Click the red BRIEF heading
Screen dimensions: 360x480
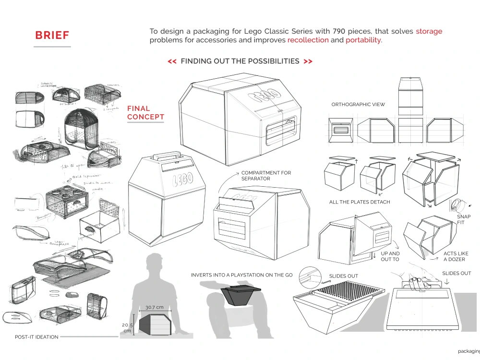pyautogui.click(x=52, y=36)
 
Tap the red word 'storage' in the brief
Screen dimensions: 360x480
pyautogui.click(x=429, y=31)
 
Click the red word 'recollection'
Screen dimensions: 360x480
pyautogui.click(x=308, y=40)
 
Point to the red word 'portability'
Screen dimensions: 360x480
pyautogui.click(x=363, y=40)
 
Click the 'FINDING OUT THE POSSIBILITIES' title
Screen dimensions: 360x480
pyautogui.click(x=240, y=61)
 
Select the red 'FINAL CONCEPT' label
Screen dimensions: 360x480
pyautogui.click(x=145, y=113)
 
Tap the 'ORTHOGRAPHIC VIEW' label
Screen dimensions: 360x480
pyautogui.click(x=358, y=105)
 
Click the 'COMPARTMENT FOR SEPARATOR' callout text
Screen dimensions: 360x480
pyautogui.click(x=266, y=176)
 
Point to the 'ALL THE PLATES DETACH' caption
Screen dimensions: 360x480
pyautogui.click(x=360, y=202)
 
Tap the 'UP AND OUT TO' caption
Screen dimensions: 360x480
pyautogui.click(x=390, y=256)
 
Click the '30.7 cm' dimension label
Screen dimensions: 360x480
pyautogui.click(x=154, y=307)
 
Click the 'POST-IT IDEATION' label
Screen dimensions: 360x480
pyautogui.click(x=36, y=337)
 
